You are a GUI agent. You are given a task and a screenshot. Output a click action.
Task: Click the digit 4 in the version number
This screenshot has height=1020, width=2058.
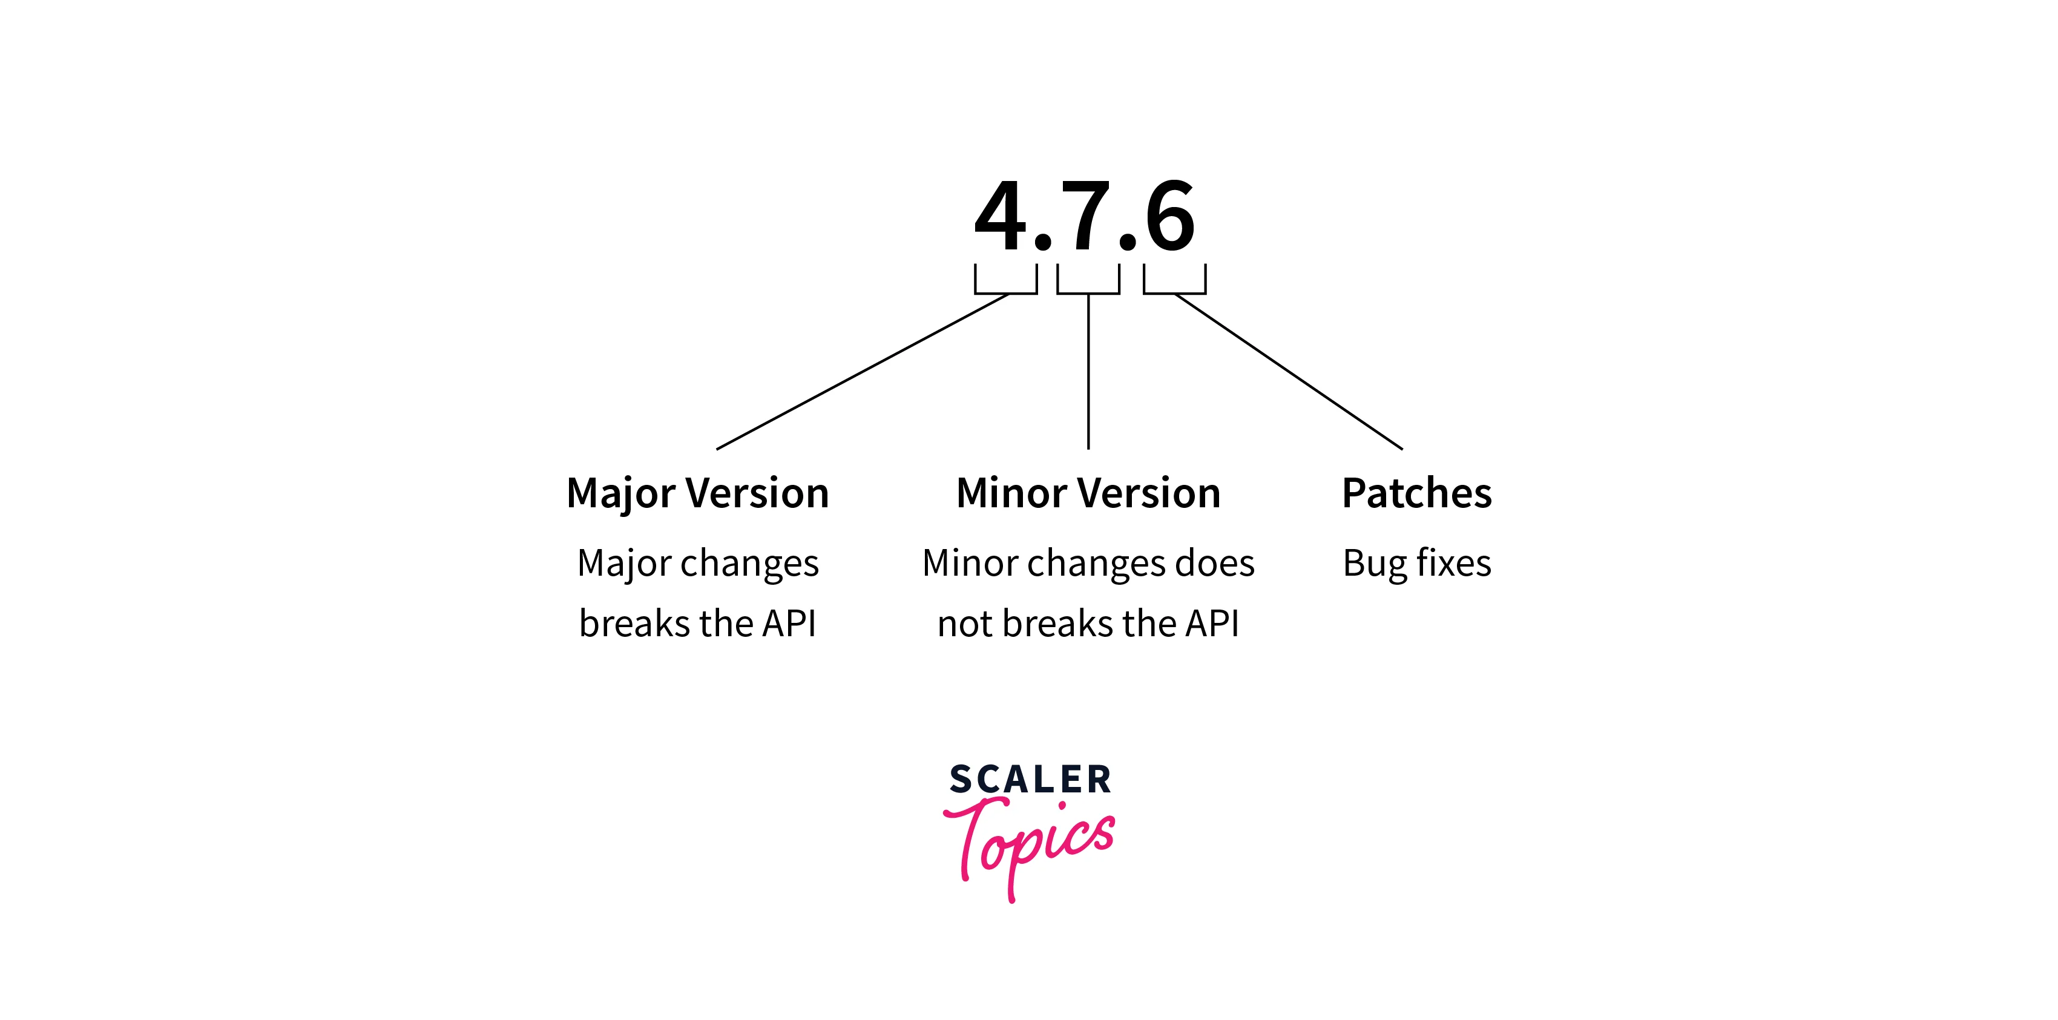pos(1000,216)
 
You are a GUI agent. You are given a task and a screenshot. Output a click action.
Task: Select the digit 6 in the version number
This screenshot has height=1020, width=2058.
pos(1169,216)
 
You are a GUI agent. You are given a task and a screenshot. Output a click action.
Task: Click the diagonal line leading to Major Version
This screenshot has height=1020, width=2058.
pos(863,372)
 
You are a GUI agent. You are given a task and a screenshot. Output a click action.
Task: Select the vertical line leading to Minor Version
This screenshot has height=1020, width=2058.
pos(1088,372)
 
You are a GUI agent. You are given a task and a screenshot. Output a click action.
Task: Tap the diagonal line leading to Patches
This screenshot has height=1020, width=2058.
pos(1288,372)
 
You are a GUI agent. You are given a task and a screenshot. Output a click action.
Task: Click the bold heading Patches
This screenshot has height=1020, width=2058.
pos(1416,493)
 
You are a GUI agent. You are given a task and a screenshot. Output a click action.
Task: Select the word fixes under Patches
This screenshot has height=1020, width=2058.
pos(1453,563)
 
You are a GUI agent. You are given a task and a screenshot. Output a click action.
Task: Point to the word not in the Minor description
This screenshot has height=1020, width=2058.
pos(964,624)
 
